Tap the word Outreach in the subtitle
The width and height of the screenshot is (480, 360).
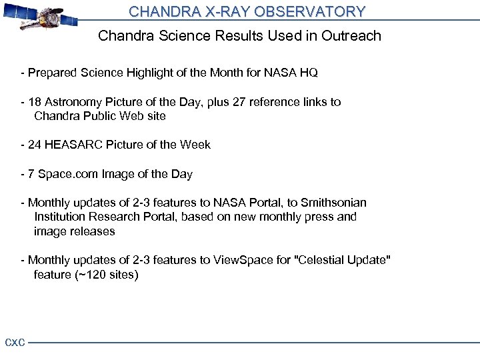click(x=351, y=36)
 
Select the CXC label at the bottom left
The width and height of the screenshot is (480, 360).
click(x=15, y=343)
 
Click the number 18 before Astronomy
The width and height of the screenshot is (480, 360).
click(x=35, y=102)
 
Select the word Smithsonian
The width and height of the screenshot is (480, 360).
click(x=333, y=203)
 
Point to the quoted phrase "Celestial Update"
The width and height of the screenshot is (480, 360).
click(x=342, y=260)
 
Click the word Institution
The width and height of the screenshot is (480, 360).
click(x=61, y=217)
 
